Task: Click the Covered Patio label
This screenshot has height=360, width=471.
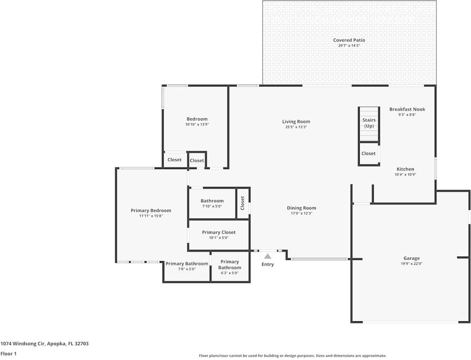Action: coord(349,40)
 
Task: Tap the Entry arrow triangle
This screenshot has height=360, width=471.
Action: coord(268,256)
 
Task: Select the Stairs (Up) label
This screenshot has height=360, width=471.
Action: coord(369,123)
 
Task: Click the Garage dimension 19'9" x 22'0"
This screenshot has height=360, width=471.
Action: coord(411,264)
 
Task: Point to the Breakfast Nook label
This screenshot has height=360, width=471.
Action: coord(407,109)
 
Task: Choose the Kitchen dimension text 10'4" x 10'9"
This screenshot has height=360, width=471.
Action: coord(405,175)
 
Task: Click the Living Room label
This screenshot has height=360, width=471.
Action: coord(296,121)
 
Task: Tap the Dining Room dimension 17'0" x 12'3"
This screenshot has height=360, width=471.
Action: coord(301,213)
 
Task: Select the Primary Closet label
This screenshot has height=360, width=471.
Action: coord(219,232)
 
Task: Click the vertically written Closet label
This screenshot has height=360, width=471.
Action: coord(243,203)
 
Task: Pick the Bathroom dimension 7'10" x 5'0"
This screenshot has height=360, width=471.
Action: coord(212,206)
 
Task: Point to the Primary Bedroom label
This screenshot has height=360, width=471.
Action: coord(151,211)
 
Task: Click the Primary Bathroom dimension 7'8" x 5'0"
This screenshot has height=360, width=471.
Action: coord(187,269)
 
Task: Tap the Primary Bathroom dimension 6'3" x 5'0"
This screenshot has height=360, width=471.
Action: coord(229,273)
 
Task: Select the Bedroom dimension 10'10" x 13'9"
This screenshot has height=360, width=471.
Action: coord(197,125)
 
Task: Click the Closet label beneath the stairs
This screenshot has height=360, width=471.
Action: coord(369,154)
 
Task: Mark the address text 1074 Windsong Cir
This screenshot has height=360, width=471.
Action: coord(44,344)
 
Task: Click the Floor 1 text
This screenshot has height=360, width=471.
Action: coord(8,354)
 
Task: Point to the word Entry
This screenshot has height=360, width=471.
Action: coord(268,264)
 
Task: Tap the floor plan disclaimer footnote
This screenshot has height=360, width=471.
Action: coord(292,356)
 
